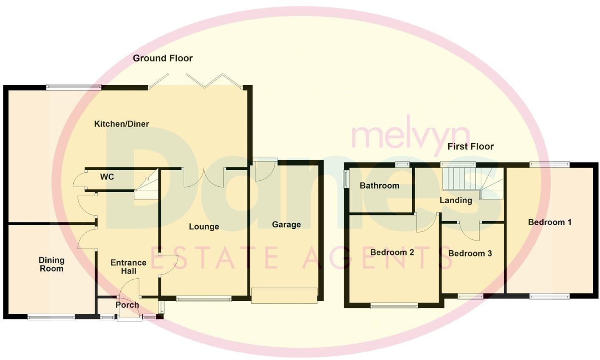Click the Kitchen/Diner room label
121,124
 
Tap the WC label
107,177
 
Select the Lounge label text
204,227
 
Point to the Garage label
286,225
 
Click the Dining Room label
51,264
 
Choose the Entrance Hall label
128,266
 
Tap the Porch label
127,305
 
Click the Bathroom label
379,186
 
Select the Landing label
456,200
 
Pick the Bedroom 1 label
550,222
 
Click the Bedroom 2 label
392,252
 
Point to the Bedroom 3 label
470,254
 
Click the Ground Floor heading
163,58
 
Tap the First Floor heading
471,147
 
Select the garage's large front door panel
284,295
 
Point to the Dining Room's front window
51,316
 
